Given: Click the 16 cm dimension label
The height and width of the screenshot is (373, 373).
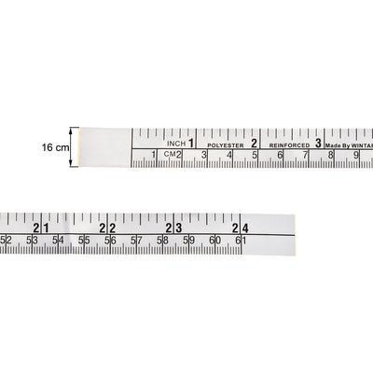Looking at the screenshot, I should coord(55,147).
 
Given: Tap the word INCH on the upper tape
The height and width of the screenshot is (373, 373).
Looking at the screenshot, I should coord(175,144).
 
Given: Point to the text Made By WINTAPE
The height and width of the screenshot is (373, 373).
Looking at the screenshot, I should coord(347,145).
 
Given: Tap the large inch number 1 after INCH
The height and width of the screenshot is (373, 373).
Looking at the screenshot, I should coord(192,144).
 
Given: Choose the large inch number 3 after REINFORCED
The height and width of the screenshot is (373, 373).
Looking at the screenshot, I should coord(318,144).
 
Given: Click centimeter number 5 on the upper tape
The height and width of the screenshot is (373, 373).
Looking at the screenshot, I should coord(255,155).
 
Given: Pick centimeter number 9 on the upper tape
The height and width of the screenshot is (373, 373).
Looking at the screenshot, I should coord(355,155).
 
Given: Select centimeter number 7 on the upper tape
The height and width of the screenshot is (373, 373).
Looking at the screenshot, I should coord(305,155).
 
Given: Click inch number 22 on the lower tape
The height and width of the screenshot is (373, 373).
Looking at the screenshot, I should coord(106,228).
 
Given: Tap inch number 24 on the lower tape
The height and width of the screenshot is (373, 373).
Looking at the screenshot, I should coord(242,228).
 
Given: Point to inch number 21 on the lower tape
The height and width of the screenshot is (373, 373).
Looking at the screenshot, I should coord(40,228).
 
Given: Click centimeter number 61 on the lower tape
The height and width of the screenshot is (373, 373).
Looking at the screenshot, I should coord(238,241).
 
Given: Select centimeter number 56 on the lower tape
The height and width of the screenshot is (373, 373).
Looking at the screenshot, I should coord(111,241).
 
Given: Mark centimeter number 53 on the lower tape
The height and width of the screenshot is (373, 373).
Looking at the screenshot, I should coord(33,241).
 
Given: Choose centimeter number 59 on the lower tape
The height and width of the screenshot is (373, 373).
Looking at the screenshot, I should coord(188,241).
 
